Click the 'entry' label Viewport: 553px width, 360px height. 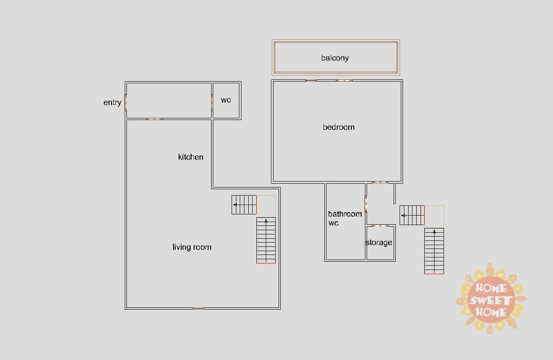(x=112, y=102)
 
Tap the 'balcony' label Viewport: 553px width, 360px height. (x=335, y=58)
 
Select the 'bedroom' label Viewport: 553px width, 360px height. (x=339, y=127)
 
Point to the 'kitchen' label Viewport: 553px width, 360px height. (x=191, y=157)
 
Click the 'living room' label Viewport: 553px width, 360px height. (x=192, y=247)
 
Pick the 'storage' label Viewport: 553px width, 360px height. (x=379, y=243)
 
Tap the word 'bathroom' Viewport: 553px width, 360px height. (x=345, y=214)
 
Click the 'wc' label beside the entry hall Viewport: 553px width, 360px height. (x=226, y=100)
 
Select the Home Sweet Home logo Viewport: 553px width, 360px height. (x=491, y=299)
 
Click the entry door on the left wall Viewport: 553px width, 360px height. (x=125, y=102)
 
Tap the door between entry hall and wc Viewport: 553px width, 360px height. (x=212, y=102)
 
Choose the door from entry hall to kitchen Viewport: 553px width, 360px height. (x=154, y=119)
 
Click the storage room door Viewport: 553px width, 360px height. (x=380, y=225)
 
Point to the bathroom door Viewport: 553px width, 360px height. (x=366, y=204)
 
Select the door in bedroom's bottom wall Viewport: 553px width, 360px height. (x=380, y=182)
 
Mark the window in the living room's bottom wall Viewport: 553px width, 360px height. (x=198, y=308)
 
